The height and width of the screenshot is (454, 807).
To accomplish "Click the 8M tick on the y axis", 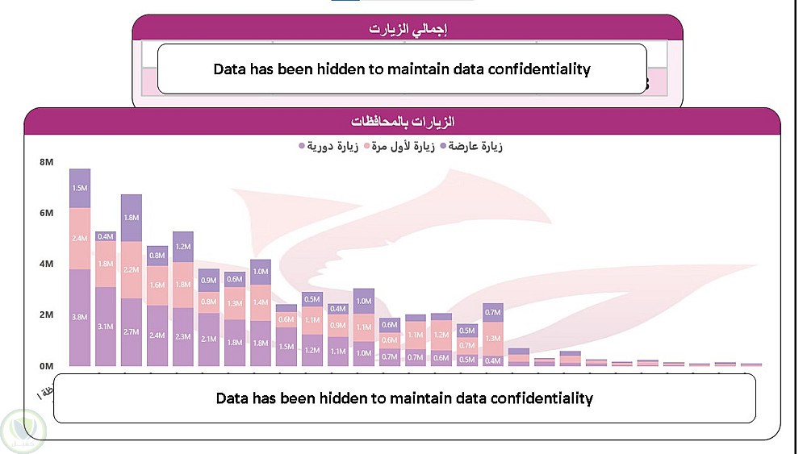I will (45, 162).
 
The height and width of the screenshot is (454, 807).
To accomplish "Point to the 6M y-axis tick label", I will (45, 213).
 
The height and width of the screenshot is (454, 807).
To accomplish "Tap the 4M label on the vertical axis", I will (45, 264).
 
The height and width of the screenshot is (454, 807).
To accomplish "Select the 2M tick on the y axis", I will (45, 314).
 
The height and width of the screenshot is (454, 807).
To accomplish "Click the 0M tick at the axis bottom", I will (45, 365).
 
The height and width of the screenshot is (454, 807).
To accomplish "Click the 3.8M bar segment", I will (80, 318).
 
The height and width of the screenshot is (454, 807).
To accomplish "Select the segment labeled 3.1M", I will (106, 327).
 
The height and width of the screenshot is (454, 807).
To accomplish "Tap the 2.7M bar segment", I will (132, 331).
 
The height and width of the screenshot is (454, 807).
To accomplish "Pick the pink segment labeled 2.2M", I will (132, 269).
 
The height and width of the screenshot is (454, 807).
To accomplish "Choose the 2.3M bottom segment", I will (183, 336).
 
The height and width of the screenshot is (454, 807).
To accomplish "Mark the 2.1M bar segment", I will (209, 339).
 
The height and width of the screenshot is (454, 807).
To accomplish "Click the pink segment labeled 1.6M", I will (157, 285).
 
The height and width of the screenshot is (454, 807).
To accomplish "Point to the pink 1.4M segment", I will (261, 302).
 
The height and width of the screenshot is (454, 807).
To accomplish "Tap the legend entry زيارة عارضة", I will (471, 146).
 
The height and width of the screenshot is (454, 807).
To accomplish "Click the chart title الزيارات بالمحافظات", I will (403, 122).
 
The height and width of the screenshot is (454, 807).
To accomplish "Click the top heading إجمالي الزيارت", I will (408, 29).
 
